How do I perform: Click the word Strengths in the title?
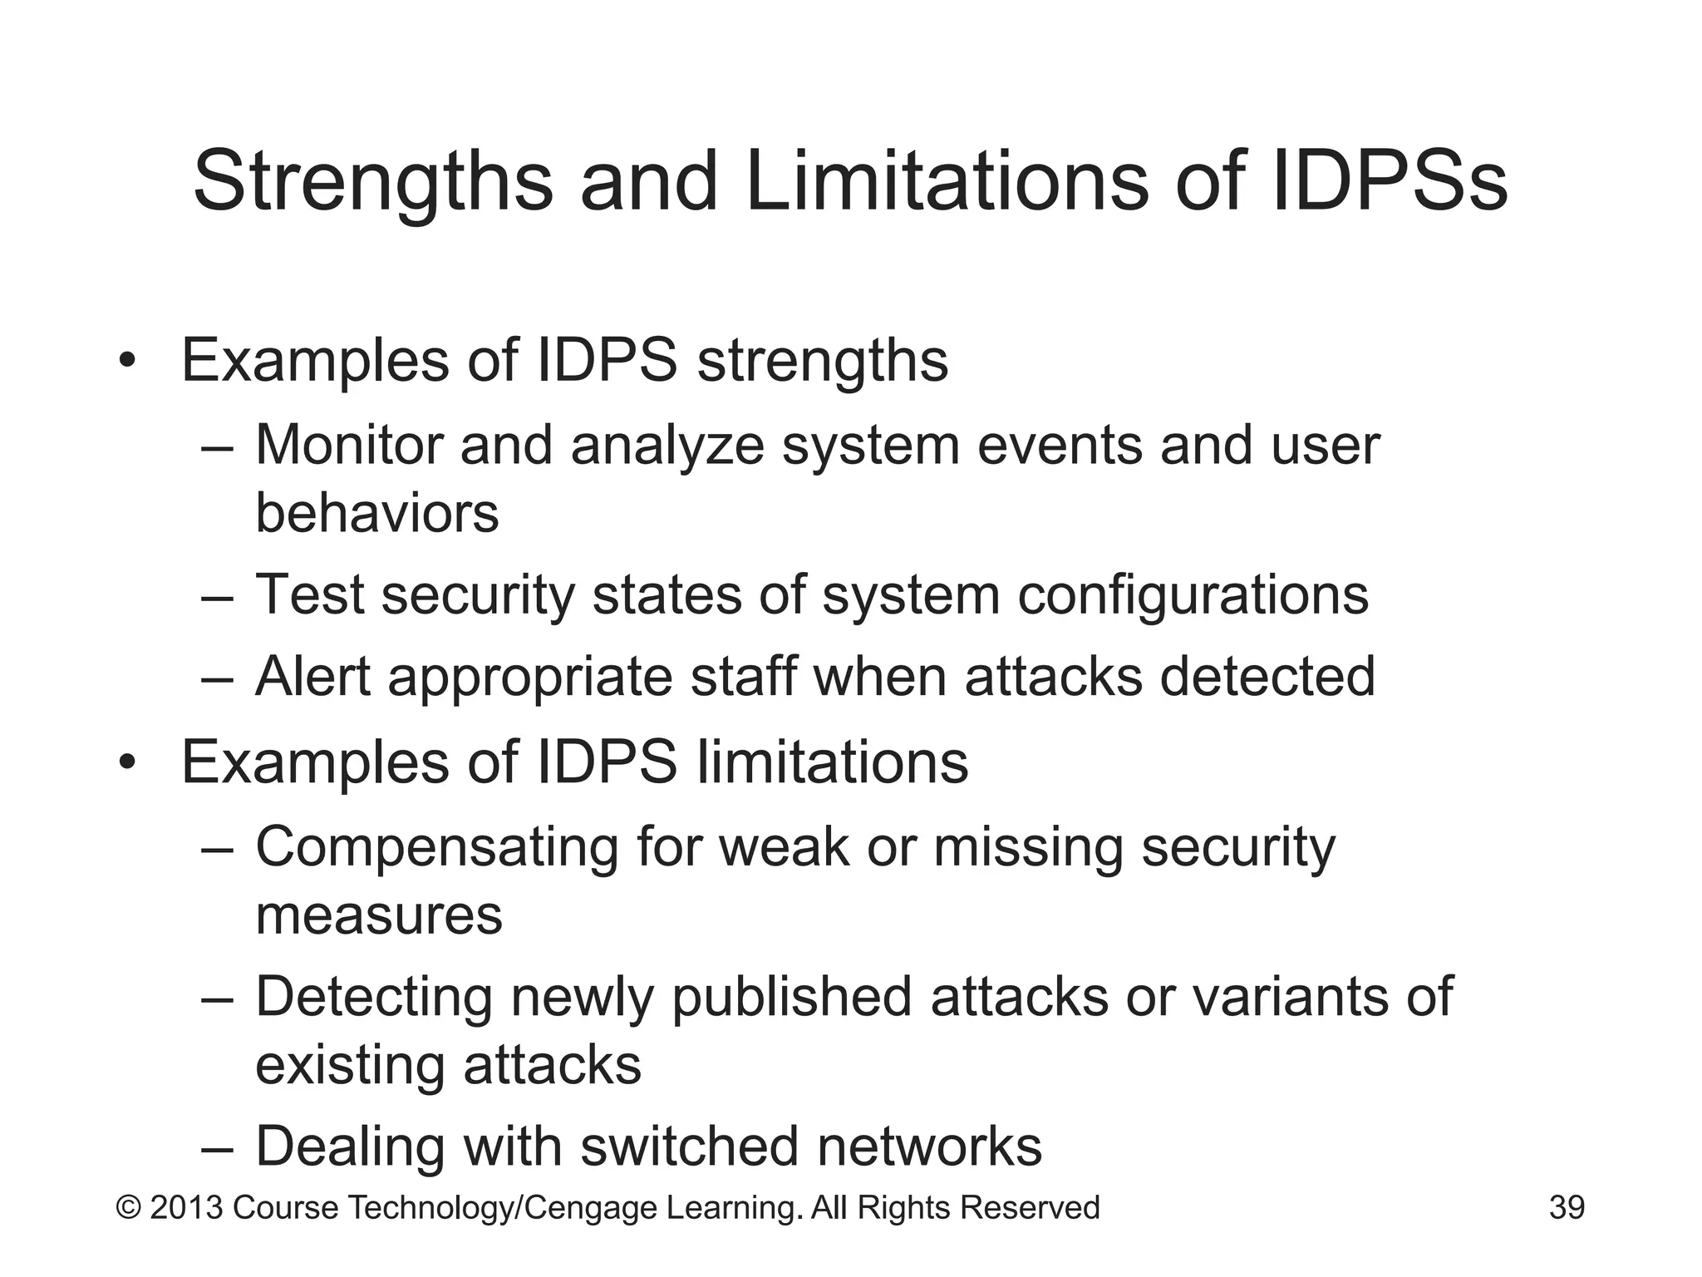373,182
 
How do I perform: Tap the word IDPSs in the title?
1389,180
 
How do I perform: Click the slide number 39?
1567,1207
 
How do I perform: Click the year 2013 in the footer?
186,1207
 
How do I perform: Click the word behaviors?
376,512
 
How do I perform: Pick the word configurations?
1193,595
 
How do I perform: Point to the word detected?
1267,676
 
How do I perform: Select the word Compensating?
437,848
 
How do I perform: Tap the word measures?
379,915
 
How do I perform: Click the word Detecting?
374,997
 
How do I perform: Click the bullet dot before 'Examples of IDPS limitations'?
126,762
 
